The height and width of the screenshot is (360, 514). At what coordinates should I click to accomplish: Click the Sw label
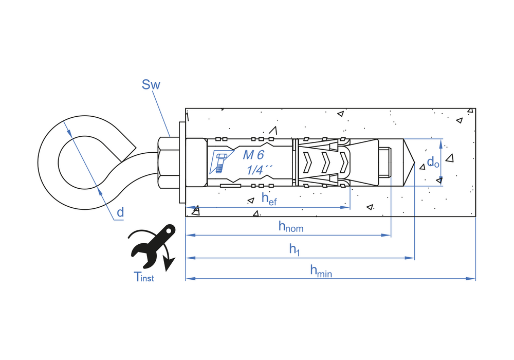click(151, 84)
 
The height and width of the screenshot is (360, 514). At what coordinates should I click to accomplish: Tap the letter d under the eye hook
click(120, 212)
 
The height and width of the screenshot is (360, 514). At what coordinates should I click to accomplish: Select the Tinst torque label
click(143, 277)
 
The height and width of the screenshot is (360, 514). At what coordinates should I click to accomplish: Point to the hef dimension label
click(269, 199)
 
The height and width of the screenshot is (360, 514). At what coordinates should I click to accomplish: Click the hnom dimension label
click(291, 227)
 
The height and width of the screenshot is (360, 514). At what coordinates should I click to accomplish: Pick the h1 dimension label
click(295, 249)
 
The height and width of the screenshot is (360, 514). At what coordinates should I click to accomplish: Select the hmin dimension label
click(321, 271)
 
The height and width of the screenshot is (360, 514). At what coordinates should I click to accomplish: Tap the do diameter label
click(433, 162)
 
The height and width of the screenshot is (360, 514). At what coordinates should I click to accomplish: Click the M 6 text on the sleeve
click(253, 155)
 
